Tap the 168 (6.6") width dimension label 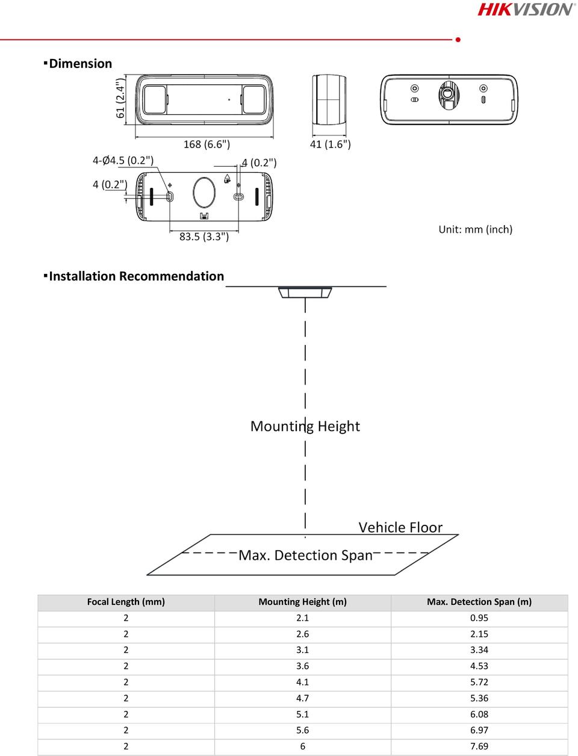(x=207, y=144)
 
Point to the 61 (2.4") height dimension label (x=120, y=98)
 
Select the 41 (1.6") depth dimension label (x=331, y=144)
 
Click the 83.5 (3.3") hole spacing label (x=204, y=237)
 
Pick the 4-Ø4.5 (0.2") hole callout (x=123, y=160)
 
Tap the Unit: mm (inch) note (x=476, y=229)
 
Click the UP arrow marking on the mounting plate (x=228, y=179)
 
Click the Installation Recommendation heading (x=137, y=276)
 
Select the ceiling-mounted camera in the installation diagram (x=305, y=292)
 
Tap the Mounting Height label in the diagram (x=305, y=426)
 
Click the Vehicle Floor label (x=400, y=528)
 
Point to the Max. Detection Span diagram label (x=305, y=556)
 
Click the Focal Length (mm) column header (x=126, y=602)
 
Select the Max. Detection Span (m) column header (x=479, y=602)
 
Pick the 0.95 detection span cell (x=479, y=618)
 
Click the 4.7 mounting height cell (x=302, y=698)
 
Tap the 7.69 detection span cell (x=479, y=746)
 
